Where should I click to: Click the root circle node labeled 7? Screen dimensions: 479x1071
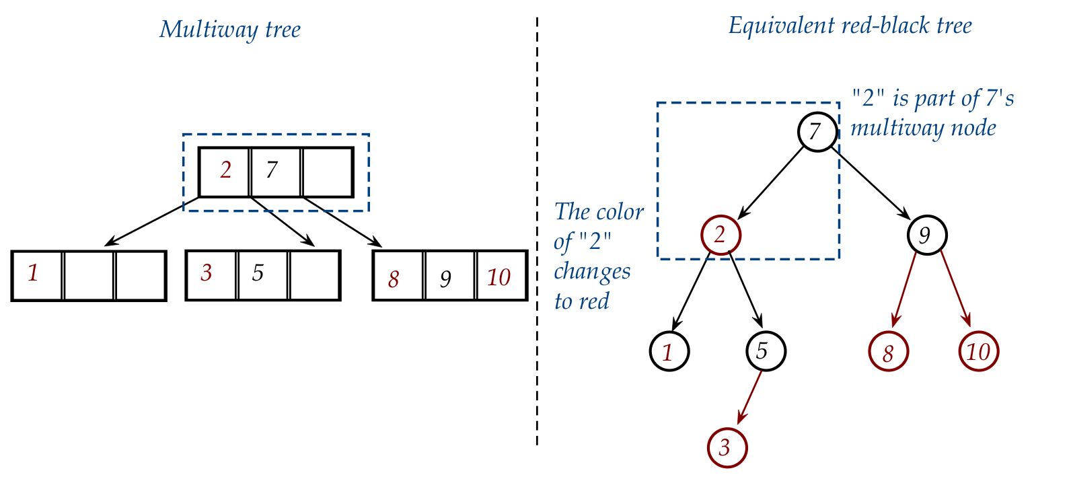(x=817, y=131)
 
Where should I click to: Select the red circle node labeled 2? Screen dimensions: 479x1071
(x=721, y=235)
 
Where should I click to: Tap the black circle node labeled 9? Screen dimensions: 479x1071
(x=926, y=235)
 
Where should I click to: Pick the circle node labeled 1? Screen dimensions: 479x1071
(x=669, y=351)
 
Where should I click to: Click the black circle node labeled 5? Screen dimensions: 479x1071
(x=766, y=351)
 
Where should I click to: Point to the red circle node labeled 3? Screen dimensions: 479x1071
(x=727, y=447)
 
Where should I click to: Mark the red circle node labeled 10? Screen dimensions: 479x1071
(x=978, y=351)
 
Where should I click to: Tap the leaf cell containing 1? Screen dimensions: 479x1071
(x=38, y=276)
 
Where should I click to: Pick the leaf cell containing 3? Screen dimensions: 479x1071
(x=211, y=275)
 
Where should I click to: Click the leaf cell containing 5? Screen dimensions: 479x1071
(x=262, y=275)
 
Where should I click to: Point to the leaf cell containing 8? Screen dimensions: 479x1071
(x=398, y=276)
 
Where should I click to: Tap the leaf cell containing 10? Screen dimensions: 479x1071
(x=501, y=276)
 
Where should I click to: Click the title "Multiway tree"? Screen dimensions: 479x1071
(x=229, y=30)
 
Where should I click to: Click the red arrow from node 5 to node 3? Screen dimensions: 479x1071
(x=750, y=397)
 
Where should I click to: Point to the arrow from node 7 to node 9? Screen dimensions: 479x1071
(x=872, y=183)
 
